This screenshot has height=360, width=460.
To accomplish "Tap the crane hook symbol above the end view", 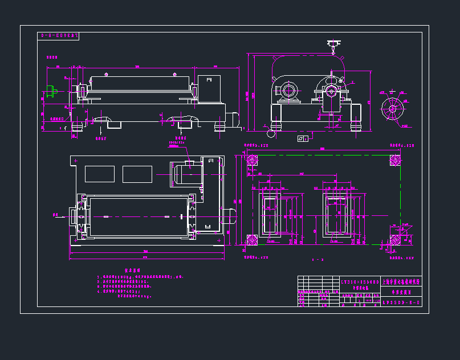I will (332, 45).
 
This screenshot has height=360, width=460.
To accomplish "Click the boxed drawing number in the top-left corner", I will (58, 35).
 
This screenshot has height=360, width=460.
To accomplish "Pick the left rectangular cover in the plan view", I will (99, 174).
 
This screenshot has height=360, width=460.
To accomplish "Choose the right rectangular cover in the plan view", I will (137, 174).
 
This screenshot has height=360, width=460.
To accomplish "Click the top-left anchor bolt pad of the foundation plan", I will (251, 160).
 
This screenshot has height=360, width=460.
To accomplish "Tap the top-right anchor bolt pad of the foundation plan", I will (394, 160).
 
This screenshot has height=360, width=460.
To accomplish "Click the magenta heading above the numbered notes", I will (132, 271).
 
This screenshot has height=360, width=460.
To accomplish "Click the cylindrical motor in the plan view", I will (187, 171).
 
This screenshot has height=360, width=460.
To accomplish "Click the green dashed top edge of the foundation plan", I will (322, 154).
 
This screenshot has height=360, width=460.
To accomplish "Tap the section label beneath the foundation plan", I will (317, 260).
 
